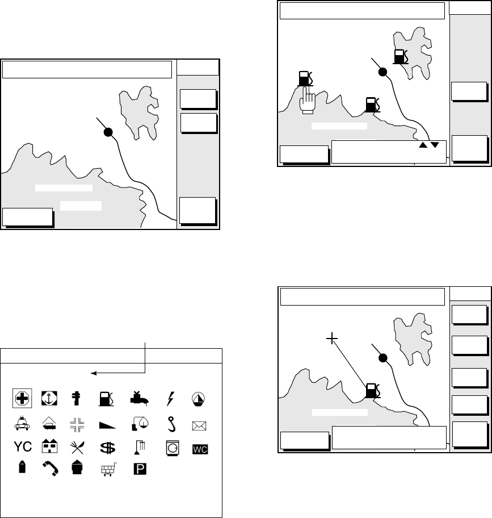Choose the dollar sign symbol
point(107,448)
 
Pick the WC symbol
point(200,449)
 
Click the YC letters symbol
point(22,448)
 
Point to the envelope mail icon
point(200,424)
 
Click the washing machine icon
point(171,448)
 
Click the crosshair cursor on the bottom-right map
point(333,339)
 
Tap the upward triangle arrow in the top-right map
point(423,145)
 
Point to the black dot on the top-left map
point(107,132)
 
